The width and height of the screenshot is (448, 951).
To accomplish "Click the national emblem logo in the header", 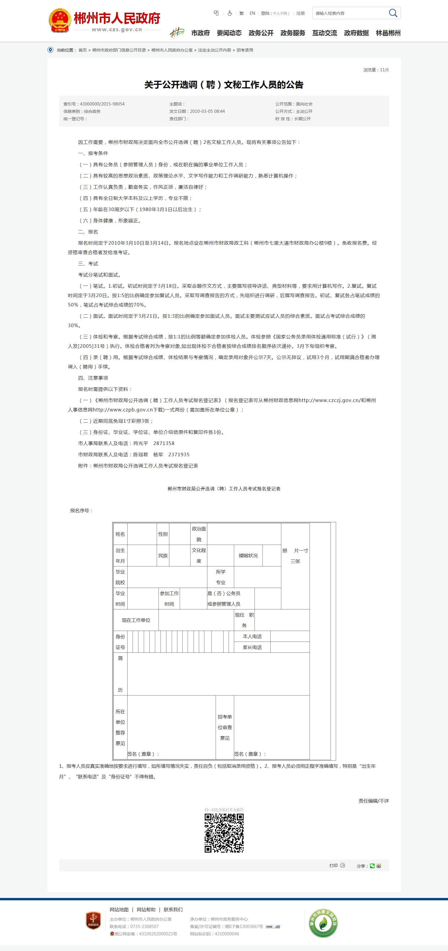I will click(60, 21).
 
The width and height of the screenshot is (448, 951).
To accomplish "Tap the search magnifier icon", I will click(393, 13).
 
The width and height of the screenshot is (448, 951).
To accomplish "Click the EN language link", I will click(252, 13).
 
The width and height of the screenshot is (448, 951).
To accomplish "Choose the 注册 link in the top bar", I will click(300, 13).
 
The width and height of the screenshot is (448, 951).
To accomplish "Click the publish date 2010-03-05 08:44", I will click(207, 111).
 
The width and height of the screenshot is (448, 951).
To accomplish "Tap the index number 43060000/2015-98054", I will click(102, 104).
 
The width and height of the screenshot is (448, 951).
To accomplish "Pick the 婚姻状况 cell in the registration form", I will click(248, 556).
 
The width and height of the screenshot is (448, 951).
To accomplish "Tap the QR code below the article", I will click(224, 833).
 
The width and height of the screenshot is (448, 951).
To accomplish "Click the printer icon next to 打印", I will click(343, 865).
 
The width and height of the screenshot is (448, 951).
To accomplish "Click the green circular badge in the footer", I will click(323, 923).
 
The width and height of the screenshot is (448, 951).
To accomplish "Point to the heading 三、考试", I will click(88, 263).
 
